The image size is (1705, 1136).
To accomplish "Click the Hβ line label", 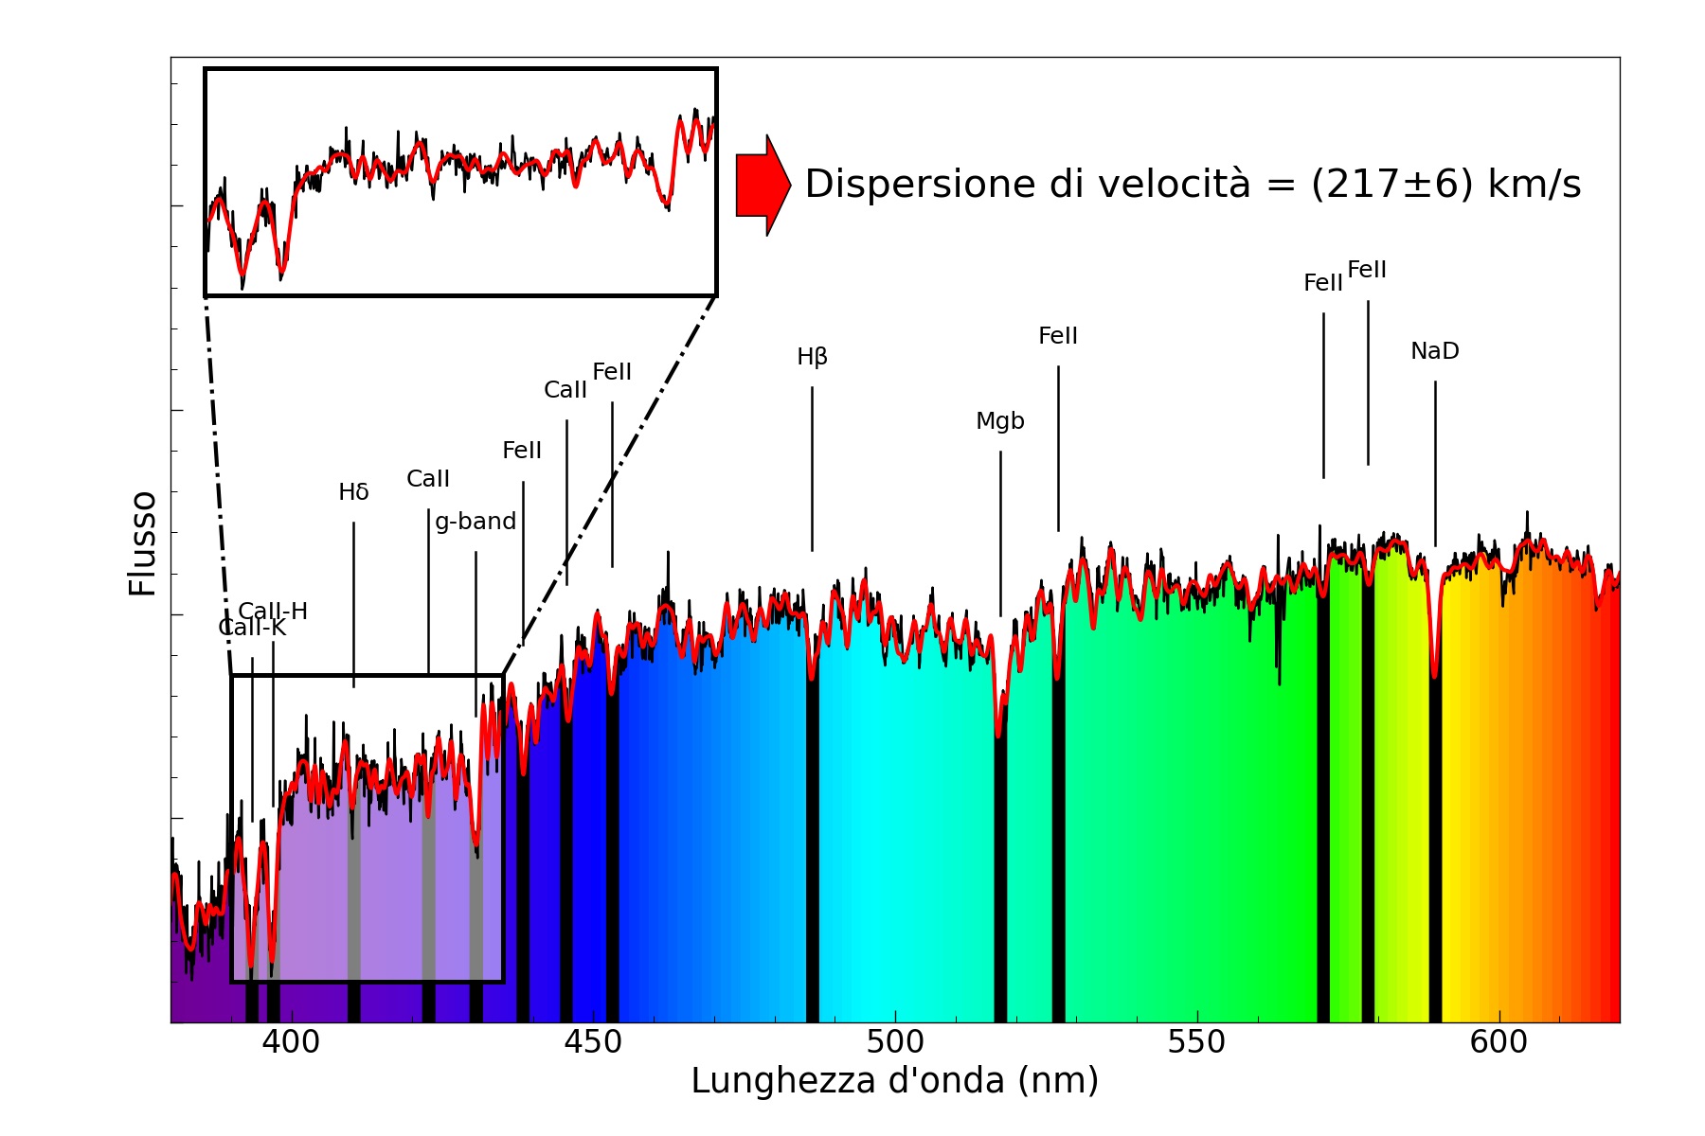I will click(x=812, y=357).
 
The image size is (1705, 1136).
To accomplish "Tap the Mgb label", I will click(x=1000, y=421).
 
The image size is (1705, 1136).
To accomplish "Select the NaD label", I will click(x=1434, y=351).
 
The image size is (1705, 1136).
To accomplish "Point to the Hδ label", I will click(x=353, y=492).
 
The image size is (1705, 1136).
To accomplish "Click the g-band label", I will click(x=476, y=522).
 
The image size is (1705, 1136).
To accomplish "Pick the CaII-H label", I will click(x=273, y=611).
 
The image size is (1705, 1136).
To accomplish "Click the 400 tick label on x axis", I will click(x=291, y=1042).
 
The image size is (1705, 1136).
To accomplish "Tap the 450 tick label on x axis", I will click(x=593, y=1042).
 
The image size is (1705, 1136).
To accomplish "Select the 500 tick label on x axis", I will click(x=895, y=1042).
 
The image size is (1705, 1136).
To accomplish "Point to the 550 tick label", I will click(x=1196, y=1042).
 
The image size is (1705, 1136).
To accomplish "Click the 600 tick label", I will click(x=1499, y=1042).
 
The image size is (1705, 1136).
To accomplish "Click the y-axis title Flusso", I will click(x=143, y=543).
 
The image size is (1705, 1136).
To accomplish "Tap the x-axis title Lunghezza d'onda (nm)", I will click(x=894, y=1081).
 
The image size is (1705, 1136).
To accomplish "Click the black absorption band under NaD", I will click(x=1435, y=852).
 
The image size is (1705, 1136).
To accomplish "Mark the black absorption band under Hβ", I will click(x=813, y=852).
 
